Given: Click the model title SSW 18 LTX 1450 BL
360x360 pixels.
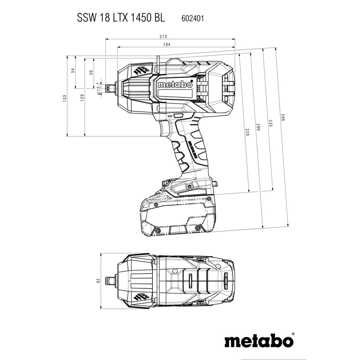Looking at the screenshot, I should [x=121, y=18].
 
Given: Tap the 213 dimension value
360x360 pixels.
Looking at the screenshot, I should [x=162, y=36].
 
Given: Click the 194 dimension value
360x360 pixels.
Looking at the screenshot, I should [x=167, y=45].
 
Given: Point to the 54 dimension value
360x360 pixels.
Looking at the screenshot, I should [x=73, y=70].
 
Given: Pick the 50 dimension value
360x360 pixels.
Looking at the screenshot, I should [x=91, y=72].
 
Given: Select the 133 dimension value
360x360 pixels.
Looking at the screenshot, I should [x=64, y=98].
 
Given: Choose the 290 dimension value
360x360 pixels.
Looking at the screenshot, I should [x=258, y=128].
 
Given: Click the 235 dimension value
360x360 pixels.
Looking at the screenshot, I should [x=270, y=123].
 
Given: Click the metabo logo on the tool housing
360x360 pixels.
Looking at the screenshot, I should [x=175, y=85].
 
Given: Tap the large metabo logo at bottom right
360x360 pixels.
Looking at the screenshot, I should [x=258, y=341].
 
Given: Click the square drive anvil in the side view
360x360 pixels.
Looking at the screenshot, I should [x=110, y=88].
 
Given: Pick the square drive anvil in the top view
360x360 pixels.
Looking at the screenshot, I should [x=110, y=281].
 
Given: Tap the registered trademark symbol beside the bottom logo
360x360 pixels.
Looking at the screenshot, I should [x=293, y=334].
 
